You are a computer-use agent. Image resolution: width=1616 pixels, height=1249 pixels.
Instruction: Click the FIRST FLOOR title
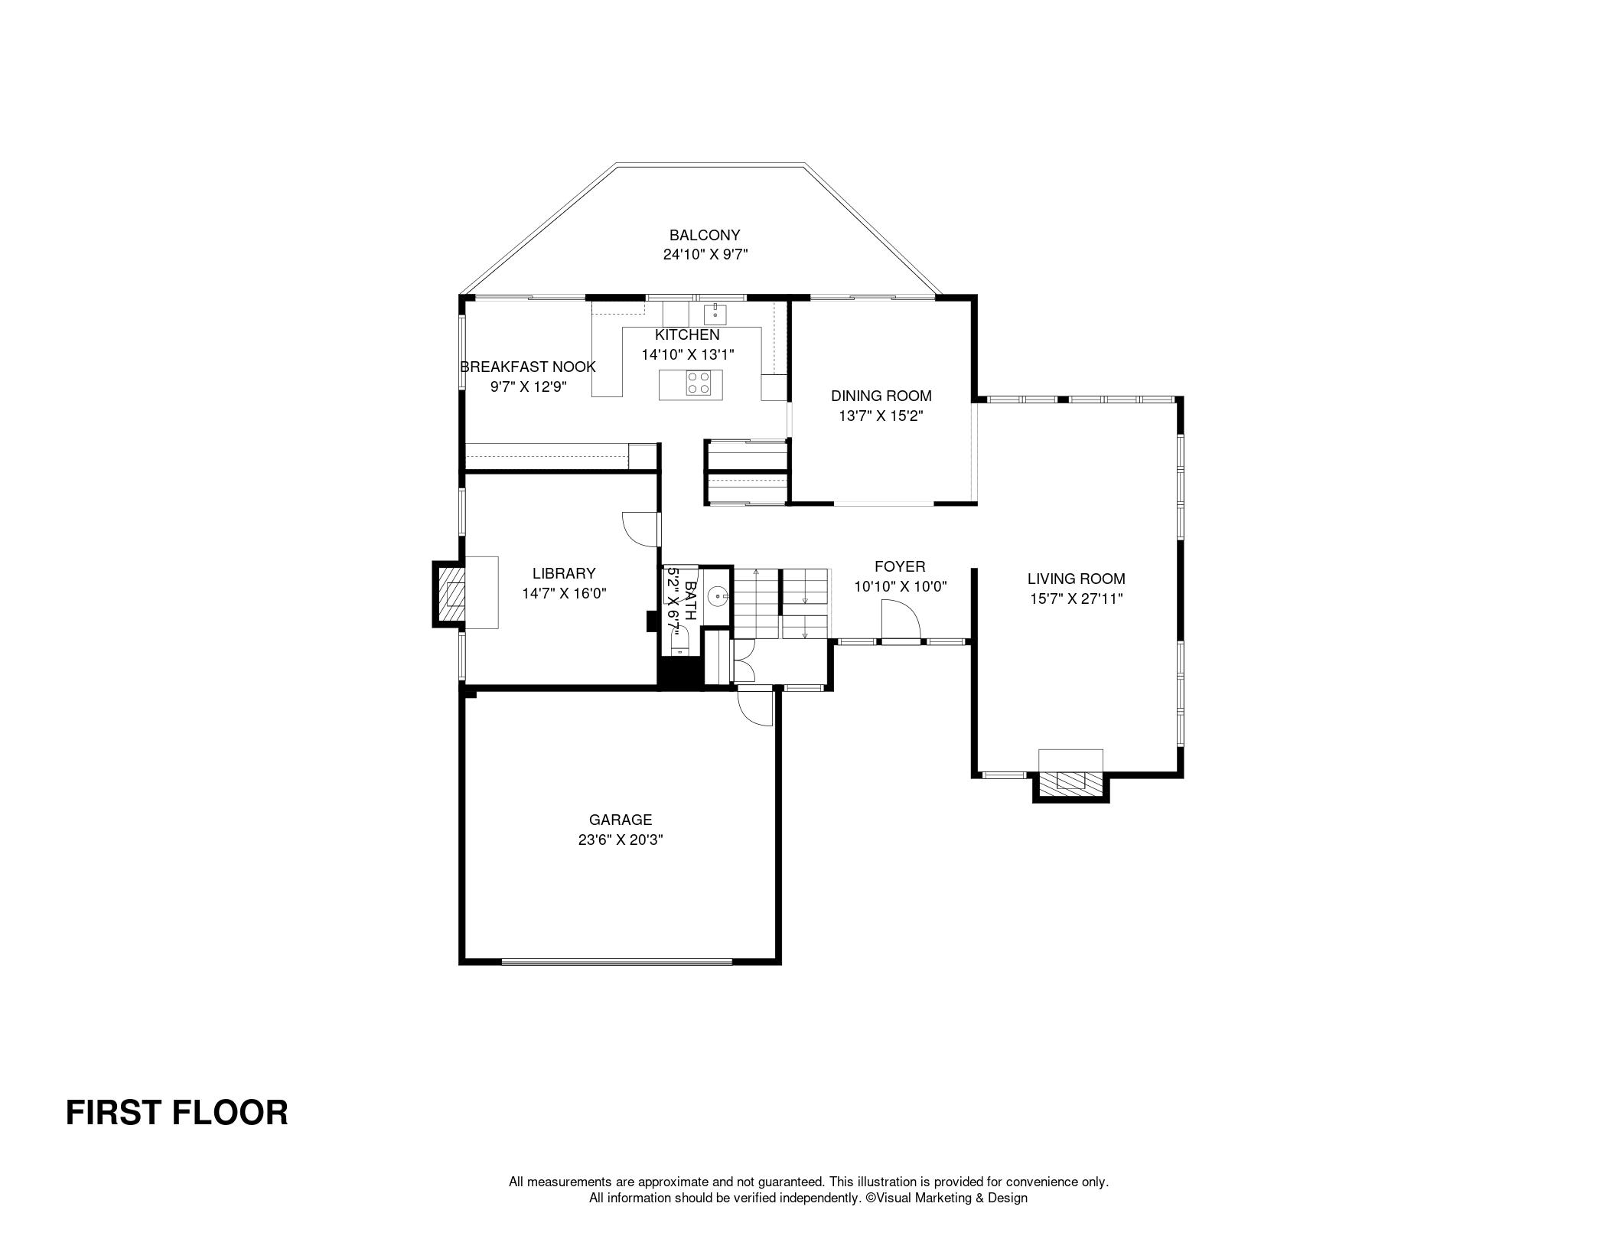click(177, 1113)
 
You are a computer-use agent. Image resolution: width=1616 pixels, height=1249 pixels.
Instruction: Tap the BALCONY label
click(705, 235)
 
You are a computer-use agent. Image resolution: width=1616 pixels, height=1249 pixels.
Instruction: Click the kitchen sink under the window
click(715, 314)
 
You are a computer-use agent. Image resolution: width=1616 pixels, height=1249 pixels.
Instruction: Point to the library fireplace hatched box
click(451, 594)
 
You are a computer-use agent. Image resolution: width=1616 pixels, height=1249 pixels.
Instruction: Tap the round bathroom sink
click(718, 595)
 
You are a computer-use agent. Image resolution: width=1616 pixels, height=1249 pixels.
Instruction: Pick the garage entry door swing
click(755, 708)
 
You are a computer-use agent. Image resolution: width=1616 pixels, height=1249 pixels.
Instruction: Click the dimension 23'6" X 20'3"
click(621, 840)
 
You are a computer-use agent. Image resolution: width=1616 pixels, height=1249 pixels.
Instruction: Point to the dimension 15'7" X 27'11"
click(1076, 598)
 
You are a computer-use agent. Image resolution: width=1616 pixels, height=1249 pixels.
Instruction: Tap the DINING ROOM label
click(881, 396)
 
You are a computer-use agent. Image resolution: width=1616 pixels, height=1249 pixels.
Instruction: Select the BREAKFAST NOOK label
click(528, 367)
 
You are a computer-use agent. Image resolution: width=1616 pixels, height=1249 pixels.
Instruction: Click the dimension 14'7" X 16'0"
click(564, 592)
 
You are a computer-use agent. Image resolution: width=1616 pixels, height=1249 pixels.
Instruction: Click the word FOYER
click(900, 566)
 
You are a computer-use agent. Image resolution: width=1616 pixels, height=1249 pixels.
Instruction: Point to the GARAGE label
click(621, 820)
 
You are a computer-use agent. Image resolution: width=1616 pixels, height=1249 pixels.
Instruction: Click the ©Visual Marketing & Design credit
click(946, 1198)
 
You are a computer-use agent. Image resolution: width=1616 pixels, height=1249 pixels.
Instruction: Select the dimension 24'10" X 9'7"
click(705, 255)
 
